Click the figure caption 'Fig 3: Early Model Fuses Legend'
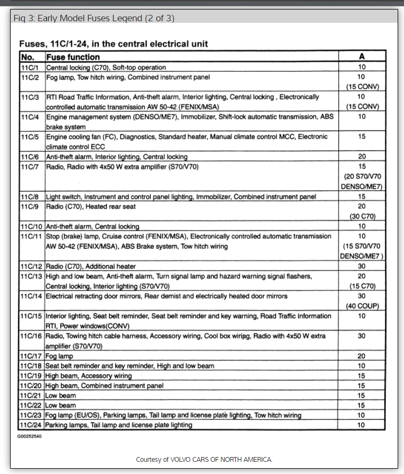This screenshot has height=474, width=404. coord(94,18)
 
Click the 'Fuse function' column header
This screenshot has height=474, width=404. coord(73,57)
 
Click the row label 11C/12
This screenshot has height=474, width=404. coord(31,266)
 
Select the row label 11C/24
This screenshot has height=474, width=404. coord(31,425)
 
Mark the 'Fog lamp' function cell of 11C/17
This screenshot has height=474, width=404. coord(59,356)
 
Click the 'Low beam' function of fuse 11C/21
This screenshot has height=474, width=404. coord(61,396)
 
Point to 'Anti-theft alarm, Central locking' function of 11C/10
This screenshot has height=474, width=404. coord(92,226)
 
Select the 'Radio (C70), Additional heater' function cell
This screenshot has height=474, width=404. coord(91,266)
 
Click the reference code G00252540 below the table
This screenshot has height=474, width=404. coord(30,436)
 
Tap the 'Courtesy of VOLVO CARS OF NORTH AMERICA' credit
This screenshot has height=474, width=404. coord(204,459)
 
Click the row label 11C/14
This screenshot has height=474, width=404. coord(31,296)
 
